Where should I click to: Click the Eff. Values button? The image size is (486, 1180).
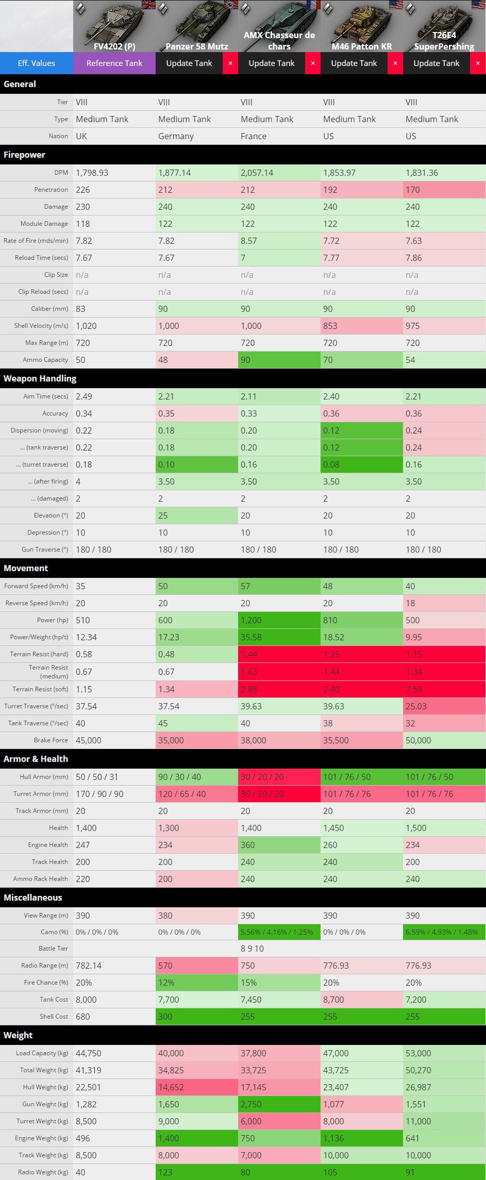[x=36, y=63]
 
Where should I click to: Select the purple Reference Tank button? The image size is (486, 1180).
[x=114, y=63]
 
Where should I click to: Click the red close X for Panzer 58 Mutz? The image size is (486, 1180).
[x=230, y=63]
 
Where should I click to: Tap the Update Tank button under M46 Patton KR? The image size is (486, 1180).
[x=354, y=63]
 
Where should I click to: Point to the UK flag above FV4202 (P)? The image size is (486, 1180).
[x=148, y=5]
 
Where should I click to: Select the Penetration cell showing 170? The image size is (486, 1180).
[x=413, y=190]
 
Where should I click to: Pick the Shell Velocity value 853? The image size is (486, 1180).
[x=330, y=326]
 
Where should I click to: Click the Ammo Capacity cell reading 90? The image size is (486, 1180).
[x=246, y=360]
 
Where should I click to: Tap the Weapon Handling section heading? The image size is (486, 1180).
[x=40, y=378]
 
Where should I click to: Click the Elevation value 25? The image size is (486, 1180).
[x=163, y=516]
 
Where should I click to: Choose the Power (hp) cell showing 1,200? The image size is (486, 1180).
[x=251, y=620]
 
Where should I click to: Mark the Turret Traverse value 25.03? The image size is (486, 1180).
[x=416, y=706]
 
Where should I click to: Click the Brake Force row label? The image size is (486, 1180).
[x=51, y=740]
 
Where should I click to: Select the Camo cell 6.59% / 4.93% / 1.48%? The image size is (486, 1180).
[x=442, y=932]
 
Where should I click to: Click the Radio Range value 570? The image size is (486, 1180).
[x=165, y=966]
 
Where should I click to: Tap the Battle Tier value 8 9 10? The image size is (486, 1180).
[x=252, y=949]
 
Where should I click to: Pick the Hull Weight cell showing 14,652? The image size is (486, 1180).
[x=171, y=1087]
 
